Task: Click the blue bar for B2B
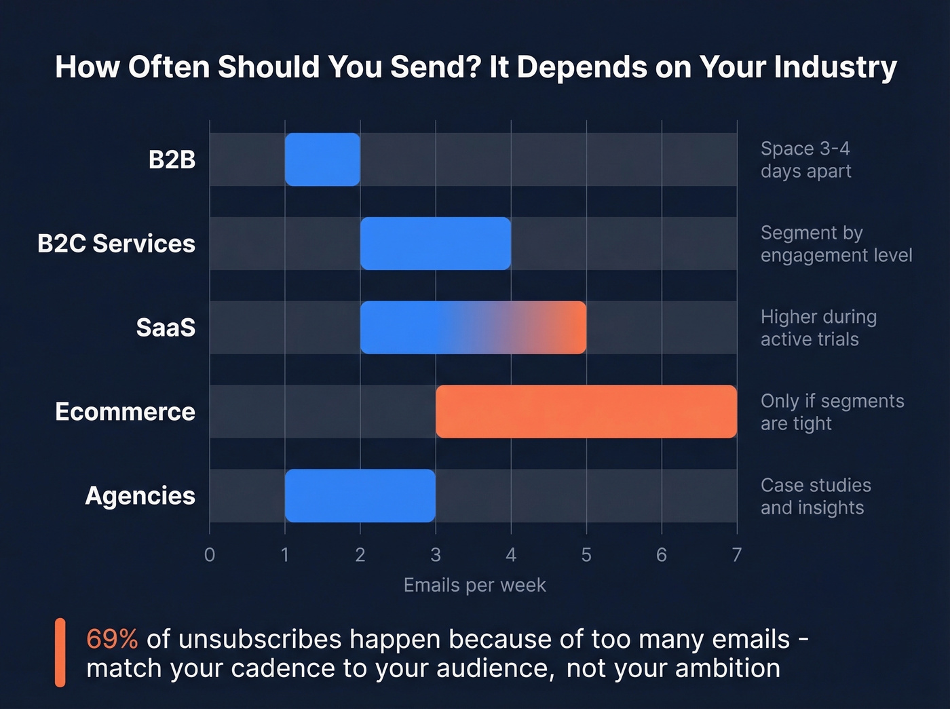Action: click(x=322, y=159)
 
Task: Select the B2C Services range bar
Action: click(x=436, y=244)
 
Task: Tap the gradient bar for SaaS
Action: click(x=473, y=328)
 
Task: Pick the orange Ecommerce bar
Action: click(x=586, y=412)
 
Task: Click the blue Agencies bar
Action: click(x=360, y=496)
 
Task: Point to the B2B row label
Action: click(x=172, y=159)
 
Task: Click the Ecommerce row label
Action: click(x=125, y=412)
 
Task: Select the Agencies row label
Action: click(x=140, y=496)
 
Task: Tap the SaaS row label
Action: click(x=166, y=328)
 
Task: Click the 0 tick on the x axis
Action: click(x=210, y=555)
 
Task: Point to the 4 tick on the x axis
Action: click(x=511, y=555)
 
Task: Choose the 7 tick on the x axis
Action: click(x=737, y=555)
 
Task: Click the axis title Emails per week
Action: click(x=474, y=585)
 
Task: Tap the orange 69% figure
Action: click(x=112, y=639)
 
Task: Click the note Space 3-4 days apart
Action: click(x=805, y=159)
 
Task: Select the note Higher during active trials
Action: click(x=818, y=328)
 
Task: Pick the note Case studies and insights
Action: click(x=816, y=496)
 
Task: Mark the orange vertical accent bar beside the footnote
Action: click(x=60, y=653)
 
